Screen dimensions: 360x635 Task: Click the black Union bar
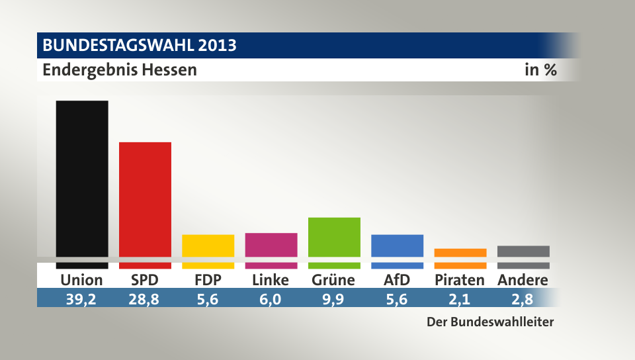tap(82, 179)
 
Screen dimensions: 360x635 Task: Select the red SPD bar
tap(145, 199)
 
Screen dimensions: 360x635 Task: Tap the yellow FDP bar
tap(208, 246)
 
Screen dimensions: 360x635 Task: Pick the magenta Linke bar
tap(271, 245)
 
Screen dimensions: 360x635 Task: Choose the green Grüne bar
tap(334, 237)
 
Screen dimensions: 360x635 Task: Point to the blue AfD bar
tap(398, 246)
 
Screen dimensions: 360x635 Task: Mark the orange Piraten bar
tap(460, 253)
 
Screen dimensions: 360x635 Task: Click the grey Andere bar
tap(523, 251)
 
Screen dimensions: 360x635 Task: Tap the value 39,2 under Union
tap(81, 298)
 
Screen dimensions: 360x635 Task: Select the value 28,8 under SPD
tap(145, 298)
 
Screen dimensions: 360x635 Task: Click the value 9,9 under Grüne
tap(334, 298)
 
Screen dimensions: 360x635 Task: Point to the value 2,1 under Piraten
tap(460, 298)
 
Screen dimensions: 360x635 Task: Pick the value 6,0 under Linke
tap(271, 298)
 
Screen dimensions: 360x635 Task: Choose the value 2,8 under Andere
tap(523, 298)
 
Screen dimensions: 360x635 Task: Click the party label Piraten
tap(460, 280)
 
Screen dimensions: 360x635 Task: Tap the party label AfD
tap(397, 280)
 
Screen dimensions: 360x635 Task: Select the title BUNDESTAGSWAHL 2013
tap(140, 46)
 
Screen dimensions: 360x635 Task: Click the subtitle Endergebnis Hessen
tap(120, 69)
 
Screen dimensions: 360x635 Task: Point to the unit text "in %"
tap(540, 69)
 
